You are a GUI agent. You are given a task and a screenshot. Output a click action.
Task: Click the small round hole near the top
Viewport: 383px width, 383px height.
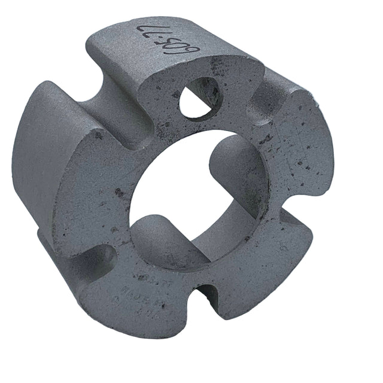point(199,97)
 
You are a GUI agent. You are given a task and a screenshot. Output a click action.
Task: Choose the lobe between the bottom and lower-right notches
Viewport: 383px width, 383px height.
point(263,263)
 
